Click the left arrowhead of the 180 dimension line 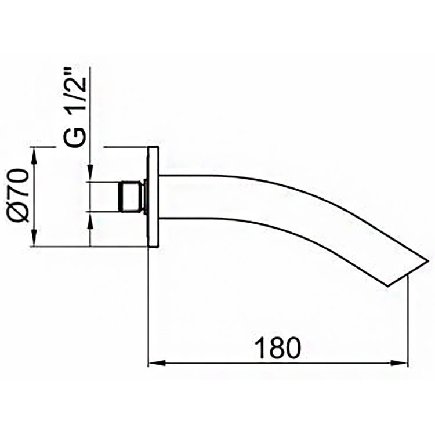(155, 364)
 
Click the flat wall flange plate (153, 197)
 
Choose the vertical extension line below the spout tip (407, 319)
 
